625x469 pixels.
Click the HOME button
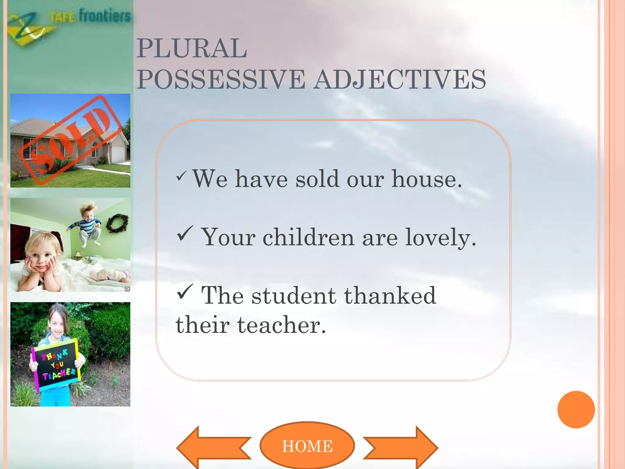click(307, 446)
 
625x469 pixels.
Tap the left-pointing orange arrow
click(214, 448)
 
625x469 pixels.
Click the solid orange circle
click(576, 409)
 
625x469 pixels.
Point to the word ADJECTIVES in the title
click(400, 79)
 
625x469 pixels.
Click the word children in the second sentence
click(308, 237)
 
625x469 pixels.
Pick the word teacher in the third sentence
click(281, 325)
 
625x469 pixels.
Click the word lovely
click(440, 237)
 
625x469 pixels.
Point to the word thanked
click(390, 296)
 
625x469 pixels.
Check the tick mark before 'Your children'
click(185, 234)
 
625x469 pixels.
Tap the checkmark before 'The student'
click(185, 292)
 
